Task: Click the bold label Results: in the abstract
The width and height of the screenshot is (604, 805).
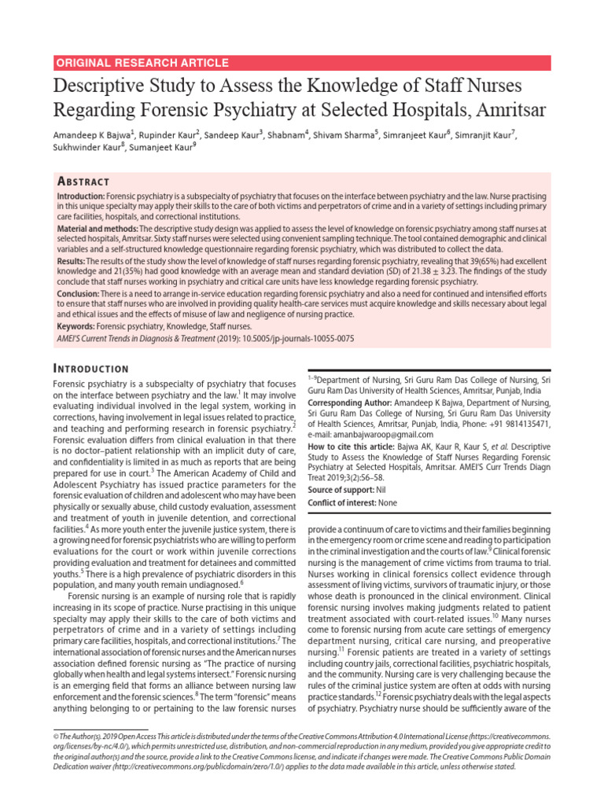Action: [74, 260]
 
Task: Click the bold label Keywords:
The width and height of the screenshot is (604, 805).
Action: [79, 325]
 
